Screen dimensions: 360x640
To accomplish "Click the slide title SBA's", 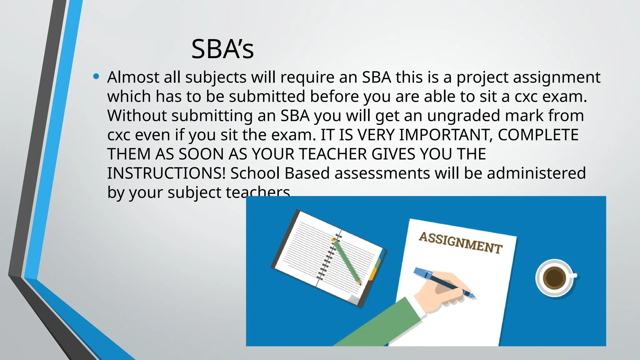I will pyautogui.click(x=222, y=49).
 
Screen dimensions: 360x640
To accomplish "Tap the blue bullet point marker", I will pyautogui.click(x=96, y=76).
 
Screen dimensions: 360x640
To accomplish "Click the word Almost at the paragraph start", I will pyautogui.click(x=133, y=77).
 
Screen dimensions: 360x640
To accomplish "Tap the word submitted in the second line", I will pyautogui.click(x=267, y=97).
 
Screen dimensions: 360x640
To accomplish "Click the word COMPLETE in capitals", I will pyautogui.click(x=538, y=135).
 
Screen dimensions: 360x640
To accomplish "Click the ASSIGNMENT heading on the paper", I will pyautogui.click(x=460, y=243).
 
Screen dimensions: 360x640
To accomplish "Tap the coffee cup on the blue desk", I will pyautogui.click(x=555, y=277).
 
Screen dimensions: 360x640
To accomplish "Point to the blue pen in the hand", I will pyautogui.click(x=444, y=281).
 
